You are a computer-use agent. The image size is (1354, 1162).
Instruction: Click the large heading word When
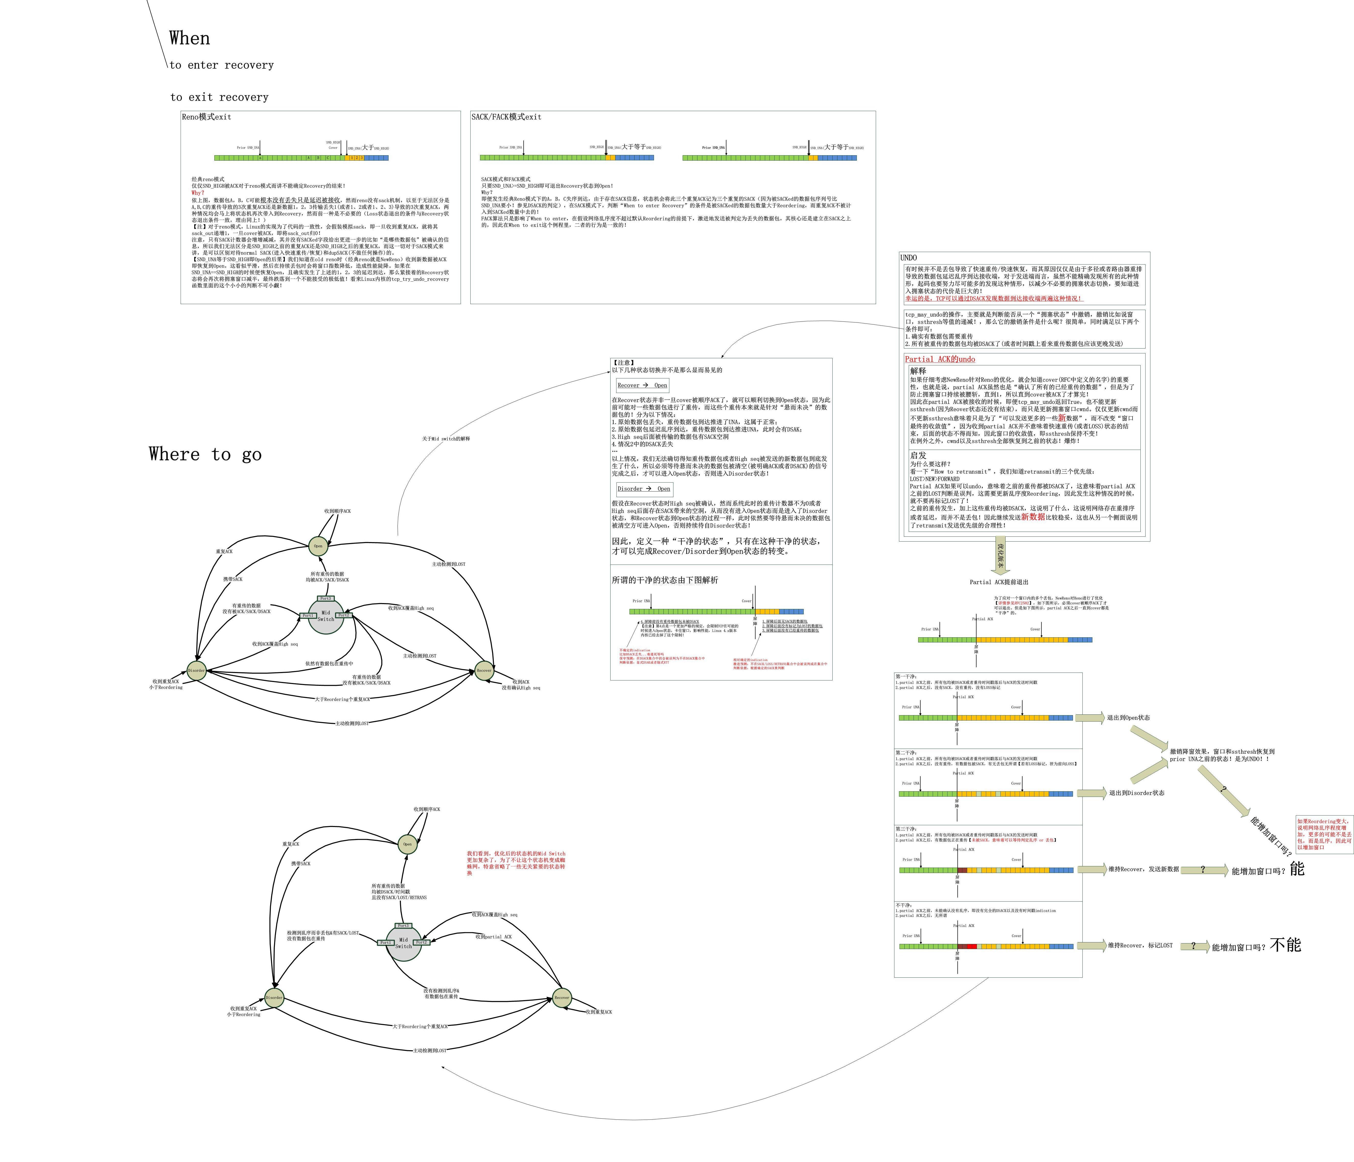190,39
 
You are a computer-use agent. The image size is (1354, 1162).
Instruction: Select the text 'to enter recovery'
221,65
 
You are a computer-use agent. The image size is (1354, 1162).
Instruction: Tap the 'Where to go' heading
205,454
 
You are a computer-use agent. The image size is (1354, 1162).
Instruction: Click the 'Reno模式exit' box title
206,117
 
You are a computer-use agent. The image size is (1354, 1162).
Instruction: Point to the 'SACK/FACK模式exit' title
506,117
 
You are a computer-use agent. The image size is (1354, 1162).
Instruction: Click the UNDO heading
908,257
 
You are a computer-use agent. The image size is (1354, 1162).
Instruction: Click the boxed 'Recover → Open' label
642,385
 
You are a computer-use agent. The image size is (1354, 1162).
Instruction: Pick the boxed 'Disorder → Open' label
644,489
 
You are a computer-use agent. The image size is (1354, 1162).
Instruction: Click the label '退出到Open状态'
1128,718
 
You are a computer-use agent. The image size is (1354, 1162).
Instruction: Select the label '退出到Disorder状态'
1136,793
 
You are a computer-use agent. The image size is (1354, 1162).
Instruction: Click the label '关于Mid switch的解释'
446,439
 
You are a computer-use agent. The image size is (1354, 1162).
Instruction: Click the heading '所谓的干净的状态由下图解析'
664,580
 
